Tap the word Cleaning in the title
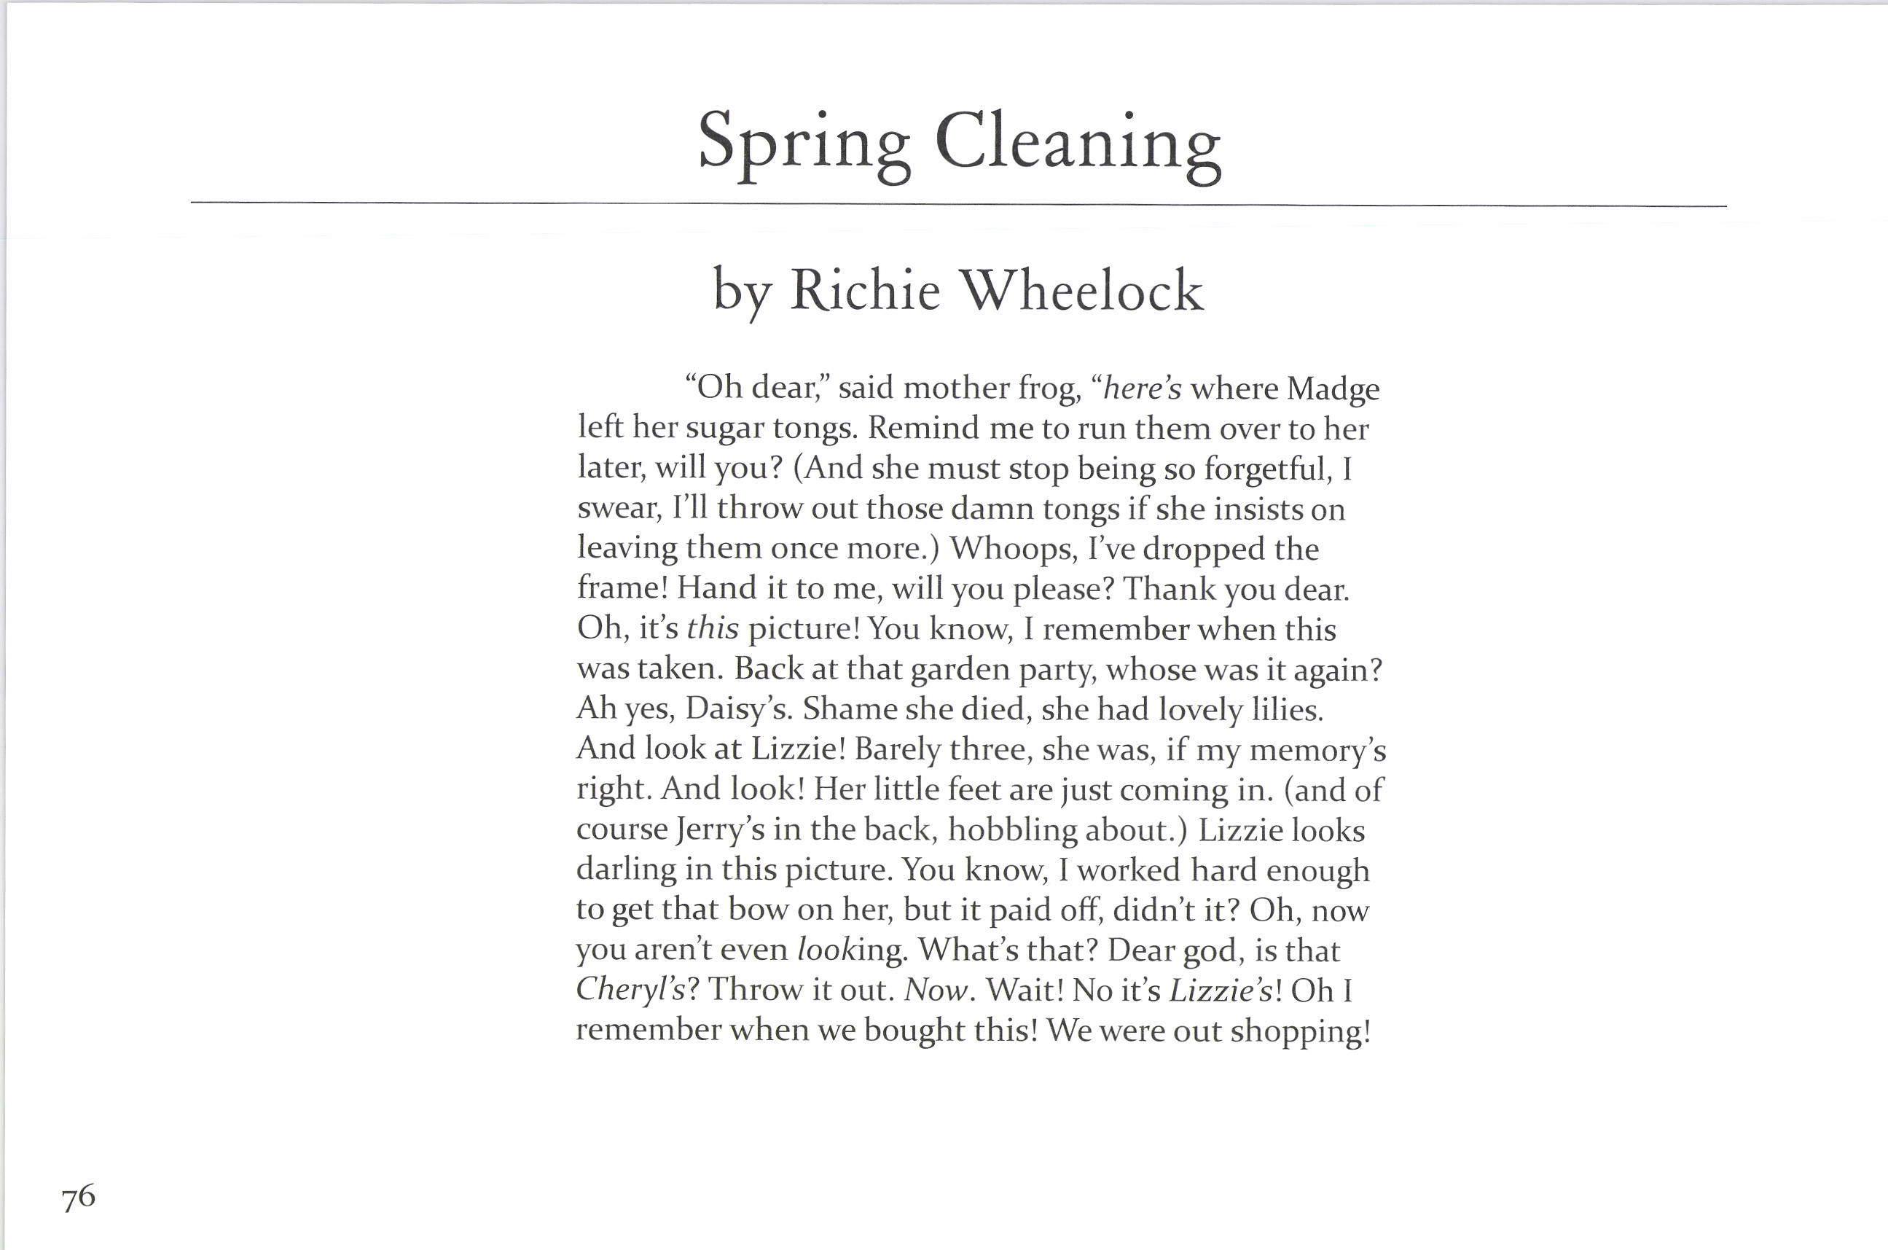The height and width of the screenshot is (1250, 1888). [x=1078, y=144]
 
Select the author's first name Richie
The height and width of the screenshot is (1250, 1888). [x=865, y=290]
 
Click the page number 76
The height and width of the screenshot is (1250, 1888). [x=78, y=1198]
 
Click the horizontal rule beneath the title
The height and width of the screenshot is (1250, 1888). [x=956, y=204]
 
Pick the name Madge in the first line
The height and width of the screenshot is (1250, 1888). [x=1333, y=389]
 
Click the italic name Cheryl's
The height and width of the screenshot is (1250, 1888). [x=630, y=990]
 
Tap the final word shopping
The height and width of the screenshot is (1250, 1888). [x=1300, y=1031]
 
